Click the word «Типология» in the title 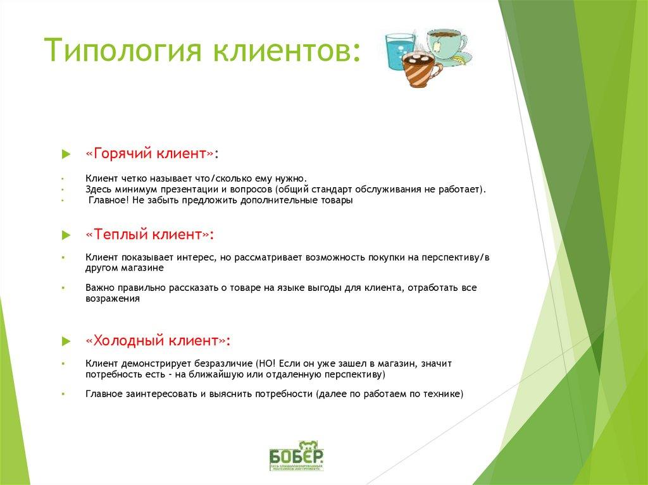(x=127, y=51)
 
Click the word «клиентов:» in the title (x=292, y=51)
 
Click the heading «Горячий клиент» (x=152, y=154)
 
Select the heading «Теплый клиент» (x=149, y=234)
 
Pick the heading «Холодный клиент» (x=158, y=340)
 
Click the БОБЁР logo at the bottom (x=296, y=455)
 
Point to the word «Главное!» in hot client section (x=109, y=200)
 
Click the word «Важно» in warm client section (x=99, y=288)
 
